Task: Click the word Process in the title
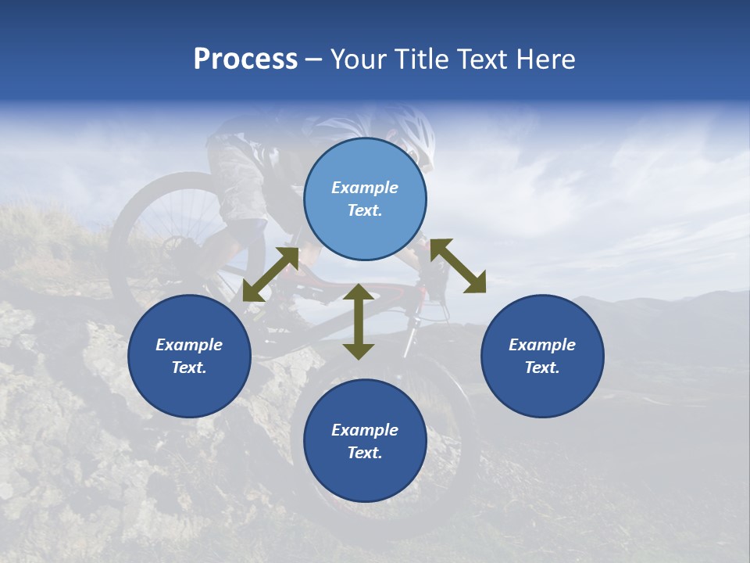[x=245, y=59]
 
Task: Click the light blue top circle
[x=365, y=199]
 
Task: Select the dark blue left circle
[x=189, y=356]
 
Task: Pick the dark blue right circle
[x=542, y=356]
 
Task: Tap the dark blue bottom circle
[x=365, y=441]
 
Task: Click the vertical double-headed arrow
[x=359, y=321]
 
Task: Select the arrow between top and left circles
[x=270, y=274]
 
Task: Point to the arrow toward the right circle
[x=458, y=266]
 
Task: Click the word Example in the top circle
[x=365, y=188]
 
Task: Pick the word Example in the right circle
[x=542, y=345]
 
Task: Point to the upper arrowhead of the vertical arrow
[x=359, y=292]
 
